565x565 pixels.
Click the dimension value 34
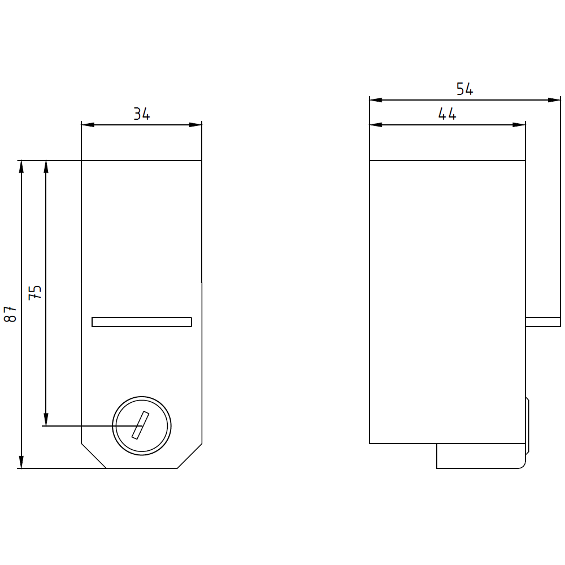(142, 114)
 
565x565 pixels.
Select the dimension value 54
(464, 89)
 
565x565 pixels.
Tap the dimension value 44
(447, 114)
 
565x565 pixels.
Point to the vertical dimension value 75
(35, 292)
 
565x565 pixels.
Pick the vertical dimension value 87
(10, 314)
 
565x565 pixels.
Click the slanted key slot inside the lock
(141, 425)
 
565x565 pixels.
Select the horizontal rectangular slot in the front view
(142, 322)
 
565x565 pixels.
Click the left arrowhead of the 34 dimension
(88, 125)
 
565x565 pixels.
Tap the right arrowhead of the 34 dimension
(195, 125)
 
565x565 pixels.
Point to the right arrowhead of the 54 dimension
(554, 100)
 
